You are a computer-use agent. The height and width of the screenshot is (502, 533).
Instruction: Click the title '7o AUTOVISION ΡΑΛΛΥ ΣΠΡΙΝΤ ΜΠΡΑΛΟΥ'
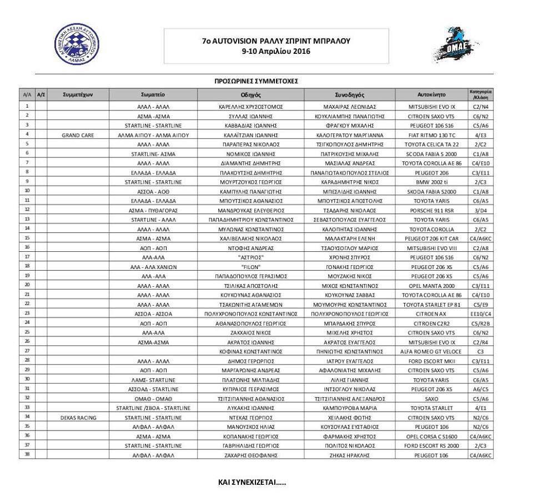[x=276, y=41]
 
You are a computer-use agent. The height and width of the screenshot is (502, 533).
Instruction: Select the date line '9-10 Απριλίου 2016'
[x=276, y=51]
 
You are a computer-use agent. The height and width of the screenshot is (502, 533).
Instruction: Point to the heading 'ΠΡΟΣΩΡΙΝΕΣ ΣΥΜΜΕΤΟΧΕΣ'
[x=256, y=81]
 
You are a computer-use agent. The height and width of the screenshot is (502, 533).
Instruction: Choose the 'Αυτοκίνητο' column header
[x=431, y=94]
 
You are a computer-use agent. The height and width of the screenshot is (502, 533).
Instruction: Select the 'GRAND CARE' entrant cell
[x=78, y=135]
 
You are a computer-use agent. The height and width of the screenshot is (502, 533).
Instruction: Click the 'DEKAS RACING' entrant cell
[x=78, y=417]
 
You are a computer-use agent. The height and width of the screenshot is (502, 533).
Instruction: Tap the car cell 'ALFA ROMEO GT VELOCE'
[x=431, y=351]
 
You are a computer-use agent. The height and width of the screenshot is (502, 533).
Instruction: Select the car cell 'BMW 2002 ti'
[x=431, y=181]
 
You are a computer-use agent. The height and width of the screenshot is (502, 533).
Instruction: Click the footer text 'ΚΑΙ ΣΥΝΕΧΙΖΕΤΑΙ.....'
[x=252, y=482]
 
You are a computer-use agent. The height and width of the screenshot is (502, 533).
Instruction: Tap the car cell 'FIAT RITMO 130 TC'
[x=431, y=135]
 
